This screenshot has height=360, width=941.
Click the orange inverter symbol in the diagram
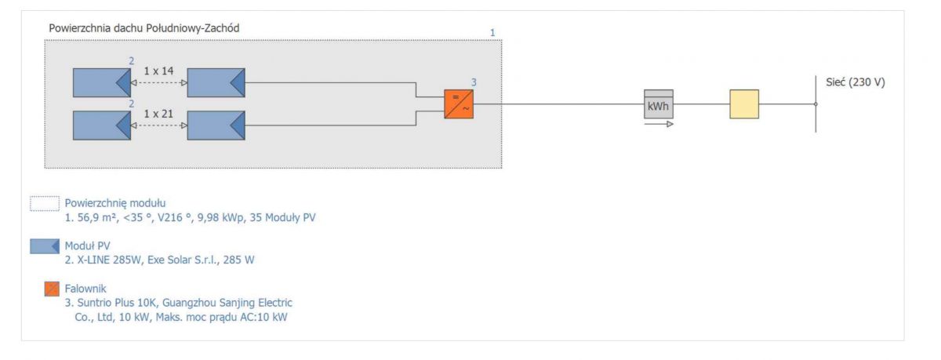(x=459, y=104)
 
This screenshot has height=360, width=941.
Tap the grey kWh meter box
(x=659, y=104)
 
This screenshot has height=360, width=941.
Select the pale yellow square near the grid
(x=744, y=104)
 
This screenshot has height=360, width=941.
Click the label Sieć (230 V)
(x=856, y=82)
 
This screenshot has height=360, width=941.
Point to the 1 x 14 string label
(x=158, y=71)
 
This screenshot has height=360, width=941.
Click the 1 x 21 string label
(x=158, y=114)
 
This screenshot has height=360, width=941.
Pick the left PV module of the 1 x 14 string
(x=102, y=83)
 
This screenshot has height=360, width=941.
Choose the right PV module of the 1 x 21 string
(x=216, y=125)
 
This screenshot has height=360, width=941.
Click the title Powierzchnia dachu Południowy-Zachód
(x=144, y=28)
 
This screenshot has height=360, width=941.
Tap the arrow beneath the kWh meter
(x=659, y=124)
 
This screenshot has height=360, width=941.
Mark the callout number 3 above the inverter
(x=474, y=82)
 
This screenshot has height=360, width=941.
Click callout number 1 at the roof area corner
(x=492, y=33)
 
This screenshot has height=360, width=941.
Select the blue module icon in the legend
(x=45, y=246)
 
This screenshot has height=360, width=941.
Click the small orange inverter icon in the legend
(x=52, y=289)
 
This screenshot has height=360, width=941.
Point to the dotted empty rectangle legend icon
(x=45, y=203)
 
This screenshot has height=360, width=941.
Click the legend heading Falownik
(x=85, y=289)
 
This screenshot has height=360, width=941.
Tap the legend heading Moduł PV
(x=87, y=245)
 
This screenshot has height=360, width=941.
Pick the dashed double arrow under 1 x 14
(x=158, y=83)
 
